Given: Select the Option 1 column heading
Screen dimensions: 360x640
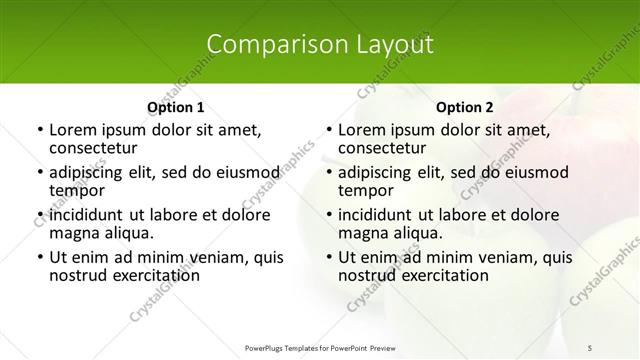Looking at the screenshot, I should click(175, 107).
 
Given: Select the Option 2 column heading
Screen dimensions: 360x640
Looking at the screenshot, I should click(464, 107).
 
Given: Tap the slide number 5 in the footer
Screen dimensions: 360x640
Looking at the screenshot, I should click(590, 347).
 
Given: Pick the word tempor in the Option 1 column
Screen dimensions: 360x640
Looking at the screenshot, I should click(75, 191).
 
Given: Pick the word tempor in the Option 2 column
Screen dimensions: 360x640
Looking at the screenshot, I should click(364, 191).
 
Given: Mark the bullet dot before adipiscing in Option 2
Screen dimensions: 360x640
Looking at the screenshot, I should click(329, 172).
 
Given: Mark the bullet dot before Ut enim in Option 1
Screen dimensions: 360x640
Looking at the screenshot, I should click(40, 256).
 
